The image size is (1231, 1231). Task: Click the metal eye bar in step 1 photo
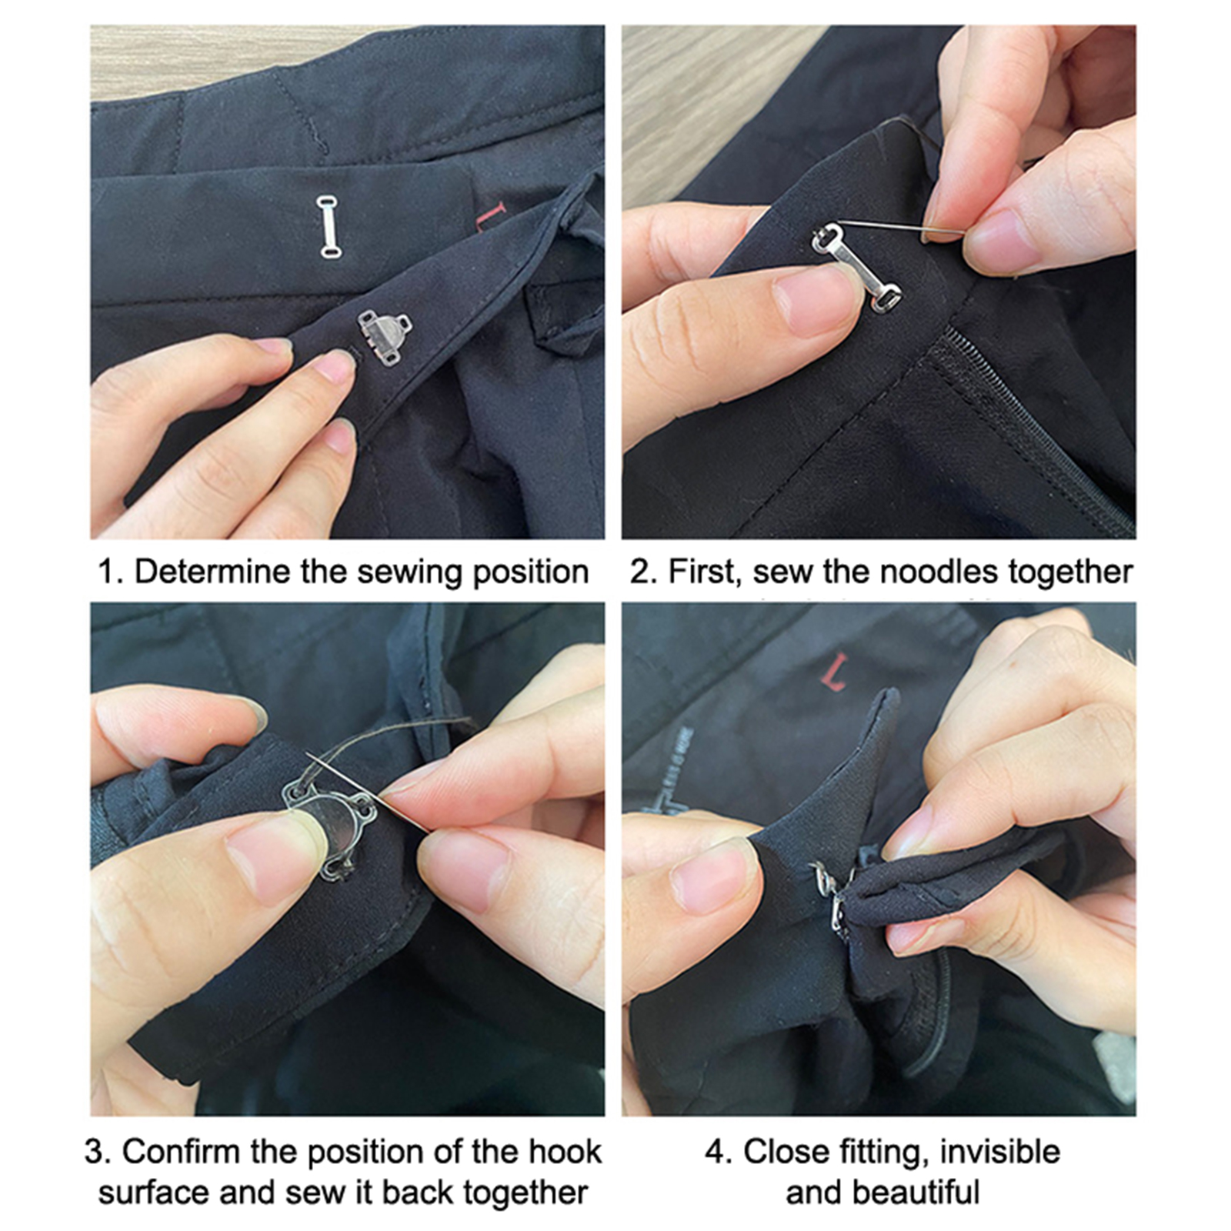[x=329, y=227]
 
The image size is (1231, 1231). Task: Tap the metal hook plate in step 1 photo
[x=385, y=336]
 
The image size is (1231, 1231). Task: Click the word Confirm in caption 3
[x=179, y=1152]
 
